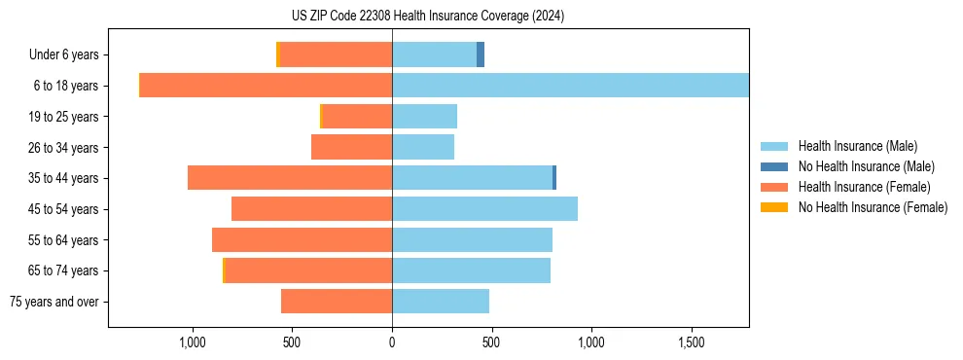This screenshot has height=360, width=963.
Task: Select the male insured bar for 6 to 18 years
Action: point(570,86)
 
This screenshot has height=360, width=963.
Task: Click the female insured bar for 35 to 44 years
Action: point(290,178)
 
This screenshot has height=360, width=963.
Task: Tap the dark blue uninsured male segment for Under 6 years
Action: point(481,54)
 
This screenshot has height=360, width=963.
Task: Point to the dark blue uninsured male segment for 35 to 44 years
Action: point(554,178)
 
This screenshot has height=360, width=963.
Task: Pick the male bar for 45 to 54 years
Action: point(484,209)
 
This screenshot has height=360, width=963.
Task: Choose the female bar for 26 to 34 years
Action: point(351,147)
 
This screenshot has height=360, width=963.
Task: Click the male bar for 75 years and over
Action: point(441,302)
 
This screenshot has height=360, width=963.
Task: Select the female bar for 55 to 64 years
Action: point(302,240)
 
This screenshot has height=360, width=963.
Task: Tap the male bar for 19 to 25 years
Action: point(424,117)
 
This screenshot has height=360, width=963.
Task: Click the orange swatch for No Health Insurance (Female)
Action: point(774,207)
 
